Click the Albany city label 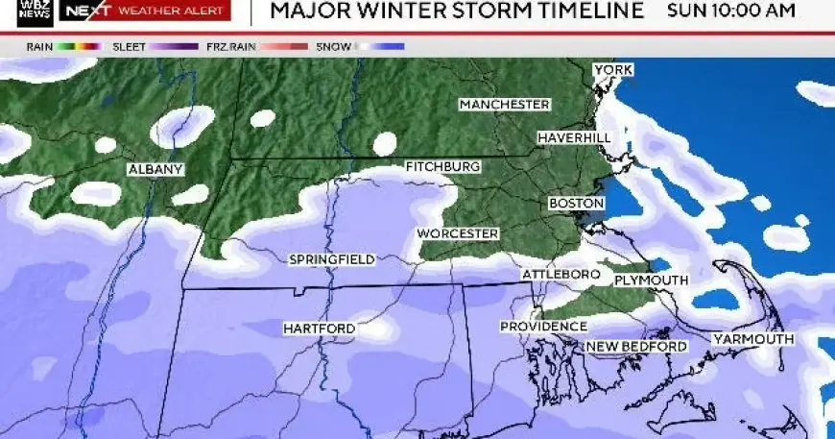pyautogui.click(x=155, y=170)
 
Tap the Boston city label pyautogui.click(x=576, y=204)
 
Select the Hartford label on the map pyautogui.click(x=319, y=329)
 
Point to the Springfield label pyautogui.click(x=332, y=259)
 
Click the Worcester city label pyautogui.click(x=458, y=233)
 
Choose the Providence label pyautogui.click(x=543, y=327)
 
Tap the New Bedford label pyautogui.click(x=636, y=346)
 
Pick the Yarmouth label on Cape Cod pyautogui.click(x=752, y=339)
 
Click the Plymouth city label pyautogui.click(x=651, y=280)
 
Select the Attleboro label pyautogui.click(x=561, y=275)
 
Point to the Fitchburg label pyautogui.click(x=442, y=167)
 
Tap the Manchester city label pyautogui.click(x=504, y=104)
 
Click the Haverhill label pyautogui.click(x=574, y=138)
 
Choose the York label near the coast pyautogui.click(x=613, y=70)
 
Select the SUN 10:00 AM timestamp pyautogui.click(x=731, y=12)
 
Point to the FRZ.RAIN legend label pyautogui.click(x=228, y=46)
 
